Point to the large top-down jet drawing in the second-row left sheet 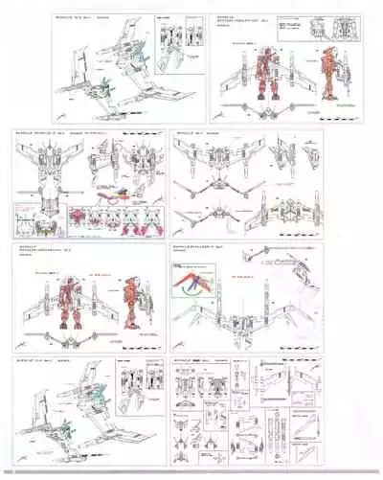click(52, 179)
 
